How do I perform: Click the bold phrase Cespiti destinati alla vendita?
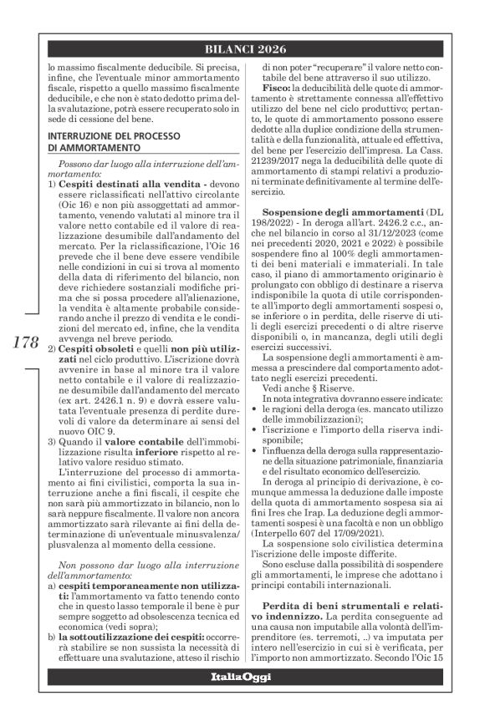(x=115, y=182)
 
